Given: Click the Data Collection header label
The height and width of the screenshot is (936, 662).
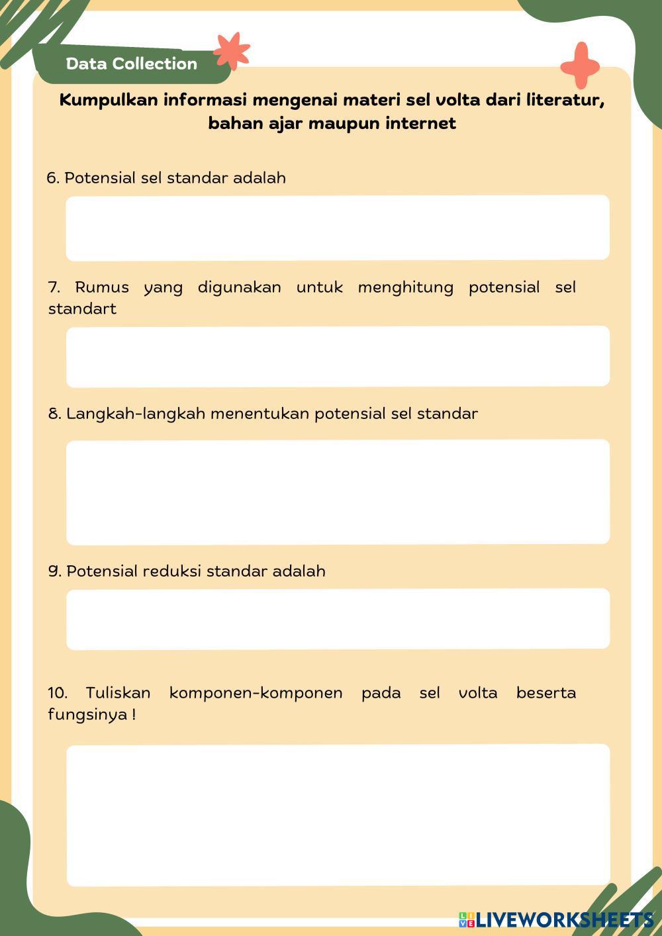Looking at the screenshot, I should pyautogui.click(x=132, y=64).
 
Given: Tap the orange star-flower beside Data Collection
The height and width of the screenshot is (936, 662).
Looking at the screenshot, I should pyautogui.click(x=231, y=51).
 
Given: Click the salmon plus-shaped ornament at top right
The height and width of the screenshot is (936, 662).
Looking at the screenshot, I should pyautogui.click(x=580, y=66).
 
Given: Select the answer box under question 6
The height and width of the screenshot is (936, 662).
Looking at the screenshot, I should pyautogui.click(x=338, y=227).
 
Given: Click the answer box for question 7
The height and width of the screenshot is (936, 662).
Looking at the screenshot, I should pyautogui.click(x=338, y=356).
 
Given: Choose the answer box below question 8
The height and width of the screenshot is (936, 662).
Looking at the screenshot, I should pyautogui.click(x=338, y=492).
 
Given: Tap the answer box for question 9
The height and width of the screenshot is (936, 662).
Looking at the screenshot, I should pyautogui.click(x=338, y=619).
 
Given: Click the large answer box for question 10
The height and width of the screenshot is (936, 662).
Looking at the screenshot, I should pyautogui.click(x=338, y=815).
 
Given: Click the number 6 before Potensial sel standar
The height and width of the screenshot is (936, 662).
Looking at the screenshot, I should pyautogui.click(x=52, y=178).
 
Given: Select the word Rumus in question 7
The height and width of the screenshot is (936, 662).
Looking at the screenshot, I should pyautogui.click(x=101, y=287).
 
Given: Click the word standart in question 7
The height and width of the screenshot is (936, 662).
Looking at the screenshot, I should pyautogui.click(x=82, y=309).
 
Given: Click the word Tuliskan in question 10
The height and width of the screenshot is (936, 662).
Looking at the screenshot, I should pyautogui.click(x=118, y=693).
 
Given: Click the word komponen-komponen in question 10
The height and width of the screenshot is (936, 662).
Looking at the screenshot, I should pyautogui.click(x=256, y=693).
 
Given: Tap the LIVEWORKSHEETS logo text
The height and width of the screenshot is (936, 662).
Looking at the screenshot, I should pyautogui.click(x=564, y=919).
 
